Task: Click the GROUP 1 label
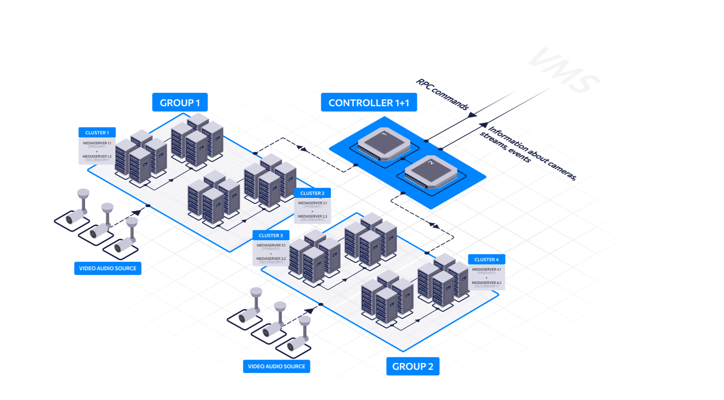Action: (180, 103)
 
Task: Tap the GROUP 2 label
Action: (412, 366)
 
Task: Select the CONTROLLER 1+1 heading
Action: (369, 103)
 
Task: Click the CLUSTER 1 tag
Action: (97, 133)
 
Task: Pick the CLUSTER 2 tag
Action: (312, 193)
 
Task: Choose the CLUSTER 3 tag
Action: (270, 236)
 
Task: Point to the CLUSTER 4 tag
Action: (486, 259)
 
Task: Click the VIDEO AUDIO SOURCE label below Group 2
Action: (276, 366)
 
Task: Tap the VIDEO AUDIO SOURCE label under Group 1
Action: (108, 268)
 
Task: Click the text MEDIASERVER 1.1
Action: (97, 143)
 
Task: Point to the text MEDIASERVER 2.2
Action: (312, 216)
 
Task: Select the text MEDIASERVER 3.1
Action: (271, 245)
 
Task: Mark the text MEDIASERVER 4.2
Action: (486, 283)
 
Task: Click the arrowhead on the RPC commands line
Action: (472, 115)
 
